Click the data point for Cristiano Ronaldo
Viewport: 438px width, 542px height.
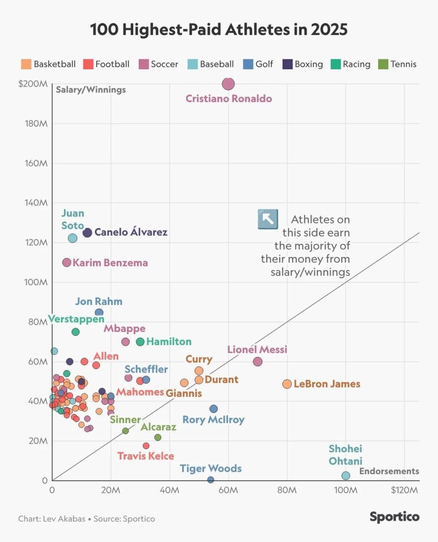[228, 84]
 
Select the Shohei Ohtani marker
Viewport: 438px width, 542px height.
[346, 475]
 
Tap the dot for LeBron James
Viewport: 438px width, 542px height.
[287, 384]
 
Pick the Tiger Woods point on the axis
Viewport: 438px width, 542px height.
[210, 480]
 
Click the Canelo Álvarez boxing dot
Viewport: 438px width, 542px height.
[87, 232]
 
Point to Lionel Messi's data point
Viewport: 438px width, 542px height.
[258, 361]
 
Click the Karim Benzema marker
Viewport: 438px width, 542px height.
[67, 263]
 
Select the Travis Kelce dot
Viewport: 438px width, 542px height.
[146, 446]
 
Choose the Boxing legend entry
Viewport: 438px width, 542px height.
[288, 64]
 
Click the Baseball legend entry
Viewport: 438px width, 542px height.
[193, 64]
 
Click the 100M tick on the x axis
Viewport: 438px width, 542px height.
[345, 490]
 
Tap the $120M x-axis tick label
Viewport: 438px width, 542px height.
[404, 490]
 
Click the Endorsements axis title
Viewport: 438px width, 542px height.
[389, 471]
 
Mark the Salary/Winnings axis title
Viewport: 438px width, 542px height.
[91, 90]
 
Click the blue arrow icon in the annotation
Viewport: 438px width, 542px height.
[268, 219]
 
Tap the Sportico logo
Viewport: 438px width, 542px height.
[394, 517]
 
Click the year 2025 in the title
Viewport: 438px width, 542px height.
[329, 30]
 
